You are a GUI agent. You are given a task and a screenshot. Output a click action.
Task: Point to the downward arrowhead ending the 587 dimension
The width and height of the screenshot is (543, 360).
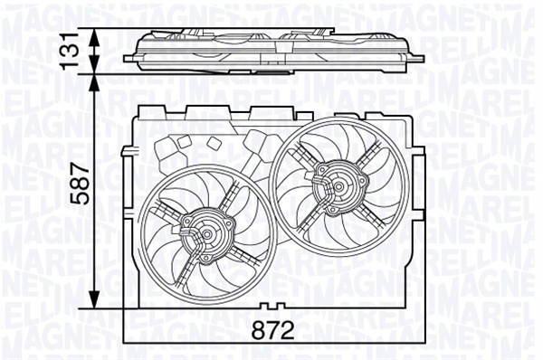tap(95, 303)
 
